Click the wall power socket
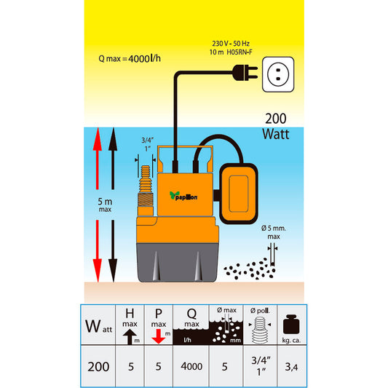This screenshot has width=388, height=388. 278,74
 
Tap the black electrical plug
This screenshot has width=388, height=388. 245,73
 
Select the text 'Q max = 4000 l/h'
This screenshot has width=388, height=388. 130,59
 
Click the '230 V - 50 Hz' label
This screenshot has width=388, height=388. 231,44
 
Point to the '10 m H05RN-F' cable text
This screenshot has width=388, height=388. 231,52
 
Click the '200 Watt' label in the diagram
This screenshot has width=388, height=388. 276,127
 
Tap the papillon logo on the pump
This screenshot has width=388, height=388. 183,196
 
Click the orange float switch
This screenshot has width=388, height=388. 239,194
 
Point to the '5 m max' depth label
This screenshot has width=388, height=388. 105,205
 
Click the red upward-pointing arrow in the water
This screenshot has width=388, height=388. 98,159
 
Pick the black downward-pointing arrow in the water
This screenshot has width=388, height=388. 113,251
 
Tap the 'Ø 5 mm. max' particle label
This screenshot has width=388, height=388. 274,232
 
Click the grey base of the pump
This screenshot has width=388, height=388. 178,263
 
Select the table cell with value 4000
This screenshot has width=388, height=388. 191,365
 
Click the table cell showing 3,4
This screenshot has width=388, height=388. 292,365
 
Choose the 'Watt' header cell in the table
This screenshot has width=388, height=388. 98,325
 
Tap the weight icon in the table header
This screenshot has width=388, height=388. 291,325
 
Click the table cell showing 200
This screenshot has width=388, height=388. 98,365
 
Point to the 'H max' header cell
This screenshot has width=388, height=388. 130,325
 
